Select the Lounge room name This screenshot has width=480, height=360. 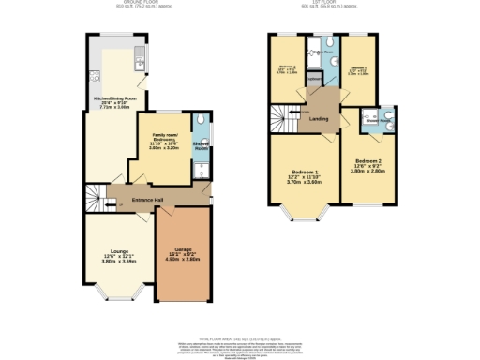point(118,251)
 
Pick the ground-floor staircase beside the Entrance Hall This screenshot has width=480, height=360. point(94,198)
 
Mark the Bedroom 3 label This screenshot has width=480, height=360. point(355,68)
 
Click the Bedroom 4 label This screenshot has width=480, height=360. point(287,68)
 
